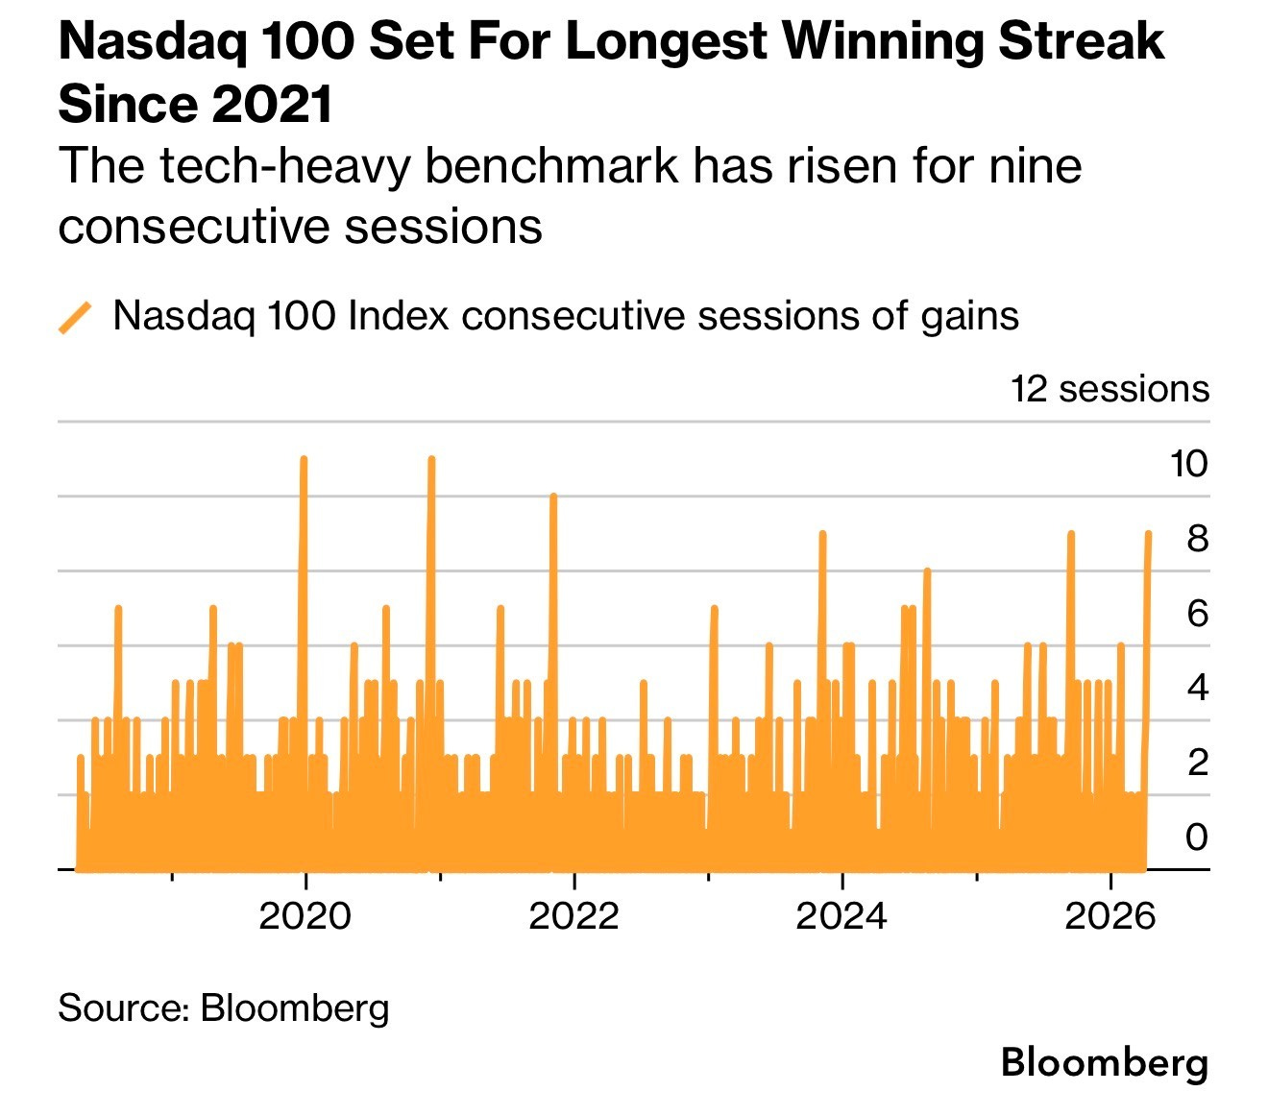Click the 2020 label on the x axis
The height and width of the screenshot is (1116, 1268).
tap(305, 915)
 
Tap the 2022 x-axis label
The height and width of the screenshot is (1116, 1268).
tap(573, 915)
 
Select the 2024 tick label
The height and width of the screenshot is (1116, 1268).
tap(841, 915)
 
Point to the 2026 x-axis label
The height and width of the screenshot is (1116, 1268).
tap(1109, 915)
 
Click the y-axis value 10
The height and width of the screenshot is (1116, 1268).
tap(1188, 464)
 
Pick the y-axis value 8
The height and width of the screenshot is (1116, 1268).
tap(1197, 539)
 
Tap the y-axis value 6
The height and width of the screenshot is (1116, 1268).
tap(1197, 613)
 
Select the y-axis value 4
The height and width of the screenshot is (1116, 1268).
tap(1197, 688)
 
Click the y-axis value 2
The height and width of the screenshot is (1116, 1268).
tap(1197, 763)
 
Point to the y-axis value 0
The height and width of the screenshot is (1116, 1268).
tap(1197, 837)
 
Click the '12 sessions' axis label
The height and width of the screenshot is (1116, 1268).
tap(1109, 389)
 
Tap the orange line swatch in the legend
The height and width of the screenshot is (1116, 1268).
tap(75, 317)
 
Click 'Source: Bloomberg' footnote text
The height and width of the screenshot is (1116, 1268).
tap(224, 1007)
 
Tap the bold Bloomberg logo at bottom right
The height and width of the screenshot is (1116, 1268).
tap(1104, 1063)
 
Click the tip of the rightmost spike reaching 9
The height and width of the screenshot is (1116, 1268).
tap(1148, 534)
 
